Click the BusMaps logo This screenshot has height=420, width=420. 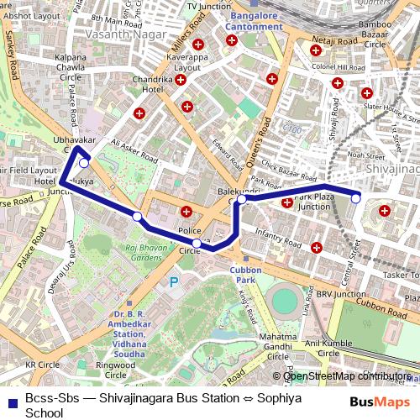(380, 402)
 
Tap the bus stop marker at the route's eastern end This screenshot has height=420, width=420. (356, 198)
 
